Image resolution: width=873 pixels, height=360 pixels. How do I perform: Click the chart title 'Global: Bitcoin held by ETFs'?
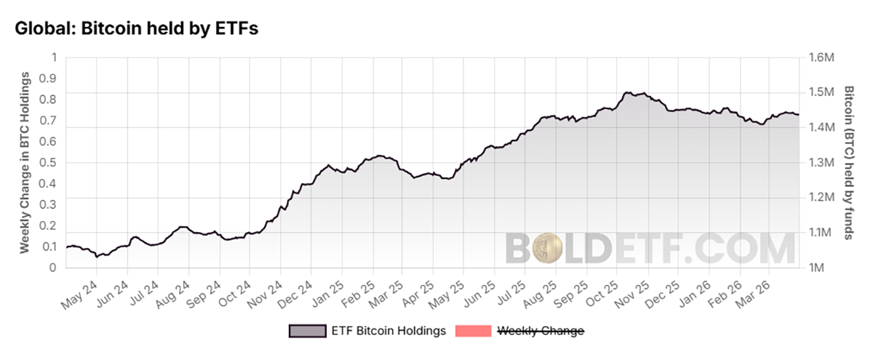(x=136, y=29)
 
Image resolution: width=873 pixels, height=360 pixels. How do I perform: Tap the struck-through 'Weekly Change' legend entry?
(x=540, y=331)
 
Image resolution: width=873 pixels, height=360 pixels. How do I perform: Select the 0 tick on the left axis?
(x=52, y=268)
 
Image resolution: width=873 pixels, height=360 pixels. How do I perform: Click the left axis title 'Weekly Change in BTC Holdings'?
(x=24, y=162)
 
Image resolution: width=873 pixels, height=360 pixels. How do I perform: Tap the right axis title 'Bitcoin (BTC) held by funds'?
(x=849, y=162)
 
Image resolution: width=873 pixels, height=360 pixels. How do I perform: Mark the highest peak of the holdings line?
(x=627, y=92)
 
